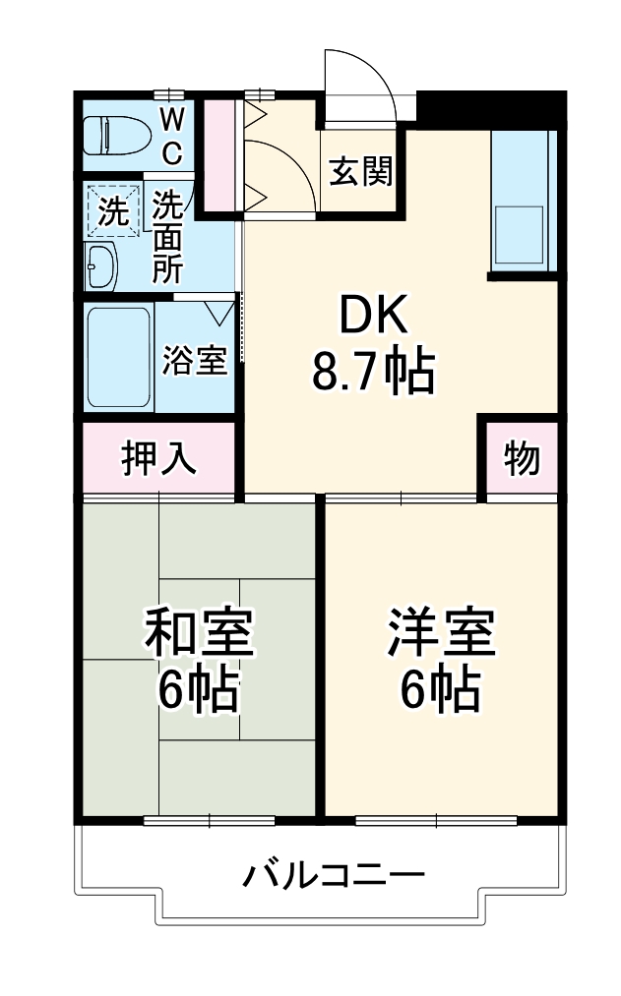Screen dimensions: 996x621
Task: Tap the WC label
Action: (171, 137)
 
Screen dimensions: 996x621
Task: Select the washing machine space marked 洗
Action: (115, 210)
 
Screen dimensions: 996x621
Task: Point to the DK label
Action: (373, 318)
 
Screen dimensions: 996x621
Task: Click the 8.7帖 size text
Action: (373, 371)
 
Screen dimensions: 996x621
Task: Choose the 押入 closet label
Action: (158, 458)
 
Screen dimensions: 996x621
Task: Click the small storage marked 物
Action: (522, 458)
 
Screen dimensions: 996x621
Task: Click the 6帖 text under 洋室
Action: (440, 690)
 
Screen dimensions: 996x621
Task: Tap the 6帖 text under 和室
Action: (200, 690)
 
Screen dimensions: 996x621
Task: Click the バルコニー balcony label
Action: (335, 873)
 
